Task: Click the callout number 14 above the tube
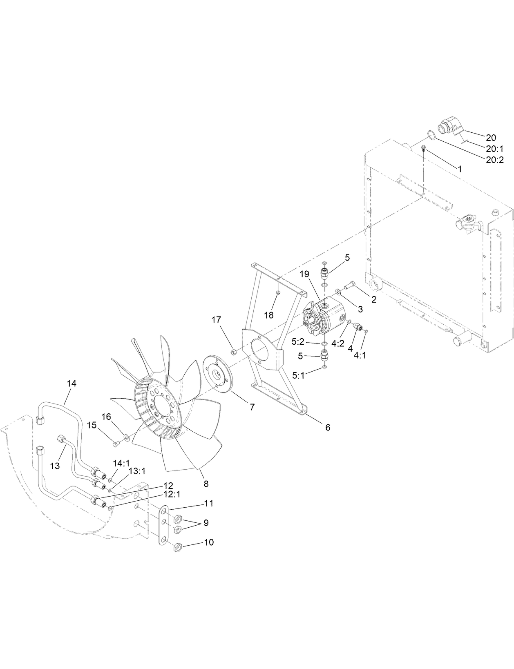(72, 384)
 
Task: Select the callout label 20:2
(495, 160)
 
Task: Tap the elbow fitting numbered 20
(449, 125)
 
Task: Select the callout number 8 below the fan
(206, 484)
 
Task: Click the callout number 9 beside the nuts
(206, 522)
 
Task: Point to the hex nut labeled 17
(234, 351)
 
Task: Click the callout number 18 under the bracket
(268, 315)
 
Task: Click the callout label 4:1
(360, 355)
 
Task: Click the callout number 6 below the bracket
(327, 427)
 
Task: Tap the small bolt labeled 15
(116, 443)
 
